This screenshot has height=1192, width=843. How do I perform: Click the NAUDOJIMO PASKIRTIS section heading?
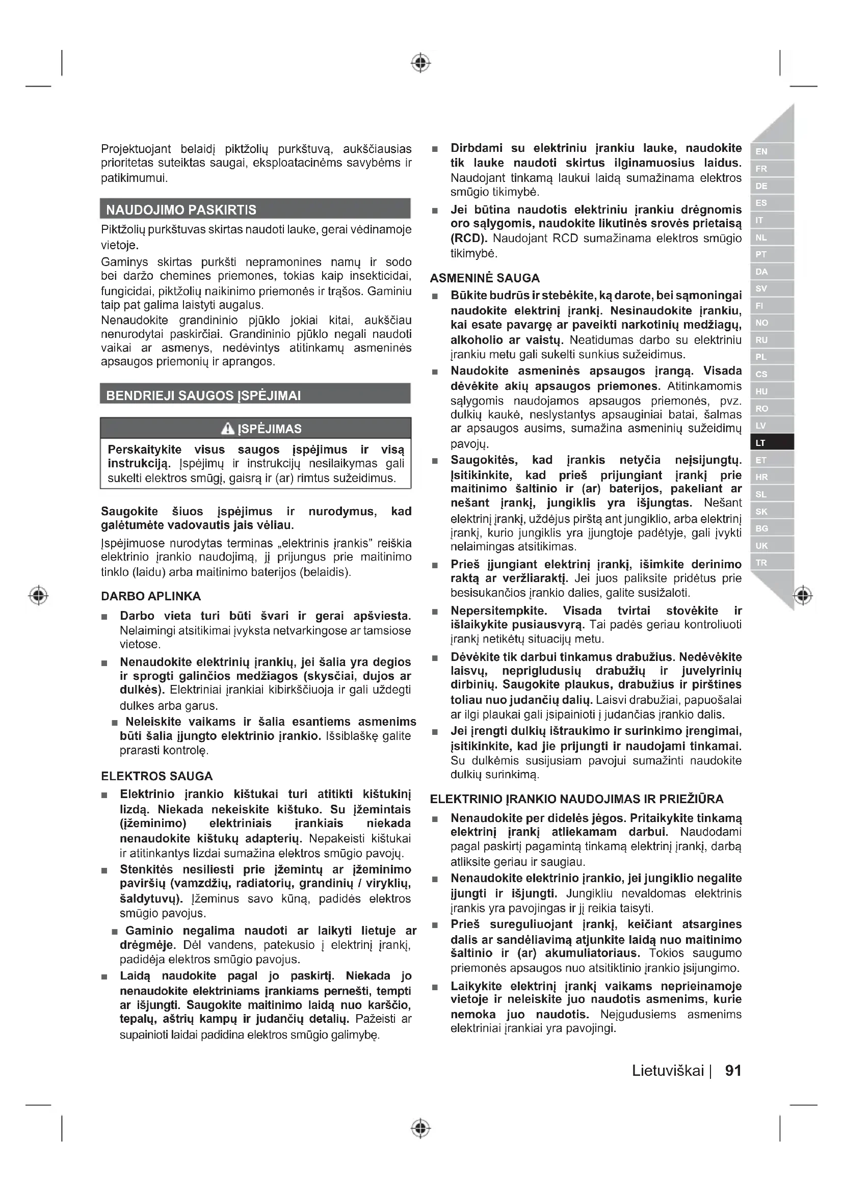(x=181, y=210)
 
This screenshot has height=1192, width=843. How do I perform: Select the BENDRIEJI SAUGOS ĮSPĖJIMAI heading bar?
(x=203, y=395)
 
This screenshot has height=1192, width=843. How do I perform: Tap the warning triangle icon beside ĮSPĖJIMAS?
(x=228, y=428)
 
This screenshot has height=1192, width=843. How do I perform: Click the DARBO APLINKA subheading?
(x=151, y=596)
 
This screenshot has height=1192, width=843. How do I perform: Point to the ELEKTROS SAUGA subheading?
(x=157, y=776)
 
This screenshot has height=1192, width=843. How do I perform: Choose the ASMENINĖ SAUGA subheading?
(x=485, y=278)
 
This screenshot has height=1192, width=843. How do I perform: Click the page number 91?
(x=733, y=1071)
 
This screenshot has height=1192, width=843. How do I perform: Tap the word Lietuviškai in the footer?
(x=668, y=1071)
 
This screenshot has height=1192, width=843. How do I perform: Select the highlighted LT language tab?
(x=771, y=443)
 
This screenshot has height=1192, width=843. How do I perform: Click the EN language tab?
(x=771, y=151)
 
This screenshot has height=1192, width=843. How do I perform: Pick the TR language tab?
(x=771, y=563)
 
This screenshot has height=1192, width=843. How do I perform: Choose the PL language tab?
(x=771, y=357)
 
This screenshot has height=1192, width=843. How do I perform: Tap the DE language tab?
(x=771, y=186)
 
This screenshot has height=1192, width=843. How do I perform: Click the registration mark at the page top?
(x=421, y=63)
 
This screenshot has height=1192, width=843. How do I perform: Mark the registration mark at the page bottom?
(x=421, y=1129)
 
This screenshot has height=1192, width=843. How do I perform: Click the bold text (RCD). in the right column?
(x=469, y=239)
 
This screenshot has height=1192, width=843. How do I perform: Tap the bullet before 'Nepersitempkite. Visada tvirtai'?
(x=435, y=612)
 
